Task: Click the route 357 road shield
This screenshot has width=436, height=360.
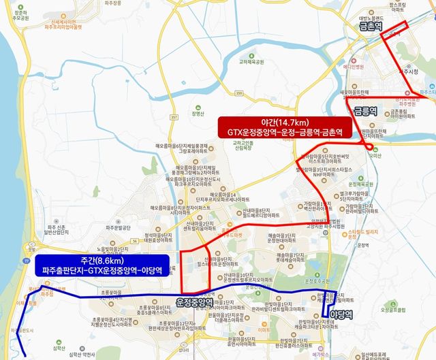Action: coord(175,118)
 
